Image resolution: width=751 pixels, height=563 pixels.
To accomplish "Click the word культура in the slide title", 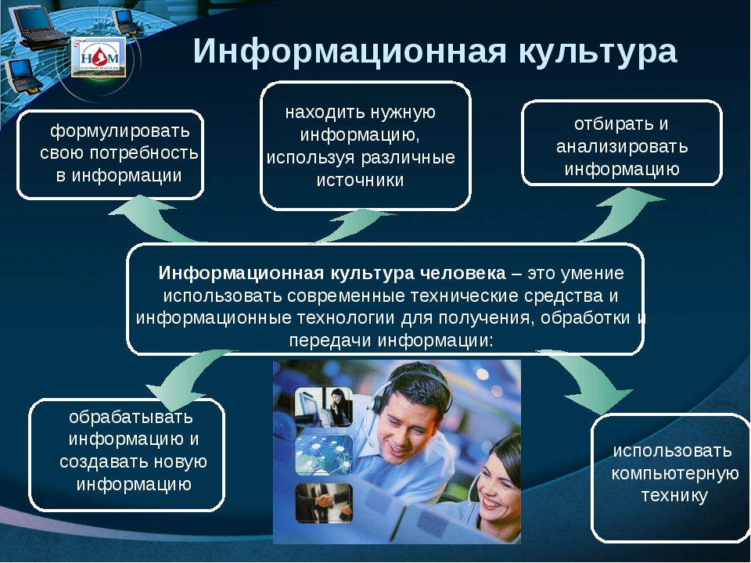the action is [x=598, y=52].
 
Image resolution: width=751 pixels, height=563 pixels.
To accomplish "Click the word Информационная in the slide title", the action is [x=350, y=52].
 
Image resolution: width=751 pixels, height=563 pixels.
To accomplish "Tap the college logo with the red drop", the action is [x=99, y=57].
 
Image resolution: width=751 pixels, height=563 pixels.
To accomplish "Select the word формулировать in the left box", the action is [x=120, y=131].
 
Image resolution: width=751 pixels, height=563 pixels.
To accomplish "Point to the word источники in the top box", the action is [x=360, y=180].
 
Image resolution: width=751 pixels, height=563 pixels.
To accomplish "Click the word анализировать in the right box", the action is [x=622, y=146].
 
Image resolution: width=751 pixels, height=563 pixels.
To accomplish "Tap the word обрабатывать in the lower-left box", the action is [x=131, y=417].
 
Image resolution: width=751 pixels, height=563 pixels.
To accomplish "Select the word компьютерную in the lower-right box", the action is [x=675, y=474].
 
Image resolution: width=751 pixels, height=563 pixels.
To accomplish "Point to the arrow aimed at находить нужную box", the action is [x=354, y=225].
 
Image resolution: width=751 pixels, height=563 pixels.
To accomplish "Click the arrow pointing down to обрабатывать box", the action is [x=187, y=378].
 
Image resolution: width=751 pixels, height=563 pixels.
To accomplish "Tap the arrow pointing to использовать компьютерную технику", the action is [x=590, y=381].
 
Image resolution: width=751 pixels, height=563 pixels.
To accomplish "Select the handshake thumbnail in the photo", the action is [x=324, y=503].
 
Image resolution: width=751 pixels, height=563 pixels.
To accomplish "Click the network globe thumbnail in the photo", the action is [x=324, y=454].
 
